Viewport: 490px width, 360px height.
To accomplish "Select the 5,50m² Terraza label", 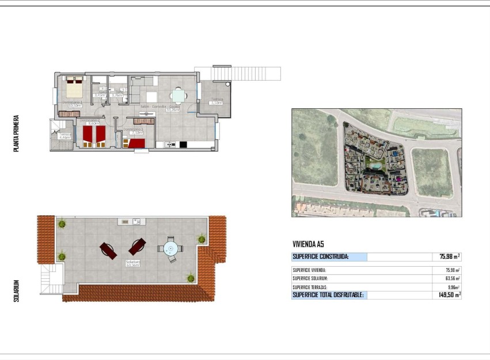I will tap(216, 101).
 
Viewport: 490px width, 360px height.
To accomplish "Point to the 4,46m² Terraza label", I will tap(64, 136).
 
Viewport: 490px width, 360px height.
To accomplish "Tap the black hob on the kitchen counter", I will tap(184, 145).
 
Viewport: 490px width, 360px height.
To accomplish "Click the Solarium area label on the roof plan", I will tap(133, 263).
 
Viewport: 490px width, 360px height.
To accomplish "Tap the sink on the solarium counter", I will tap(136, 221).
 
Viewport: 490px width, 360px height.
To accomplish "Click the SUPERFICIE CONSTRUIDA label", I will tap(320, 257).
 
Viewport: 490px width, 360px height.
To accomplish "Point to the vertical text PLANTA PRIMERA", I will tap(17, 132).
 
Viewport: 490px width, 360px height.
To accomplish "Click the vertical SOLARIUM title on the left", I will tap(17, 291).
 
